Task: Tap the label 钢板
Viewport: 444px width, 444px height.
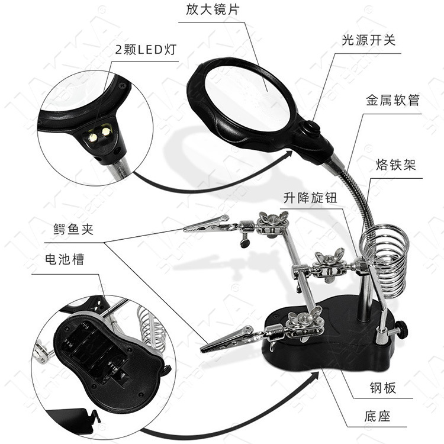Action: click(x=381, y=388)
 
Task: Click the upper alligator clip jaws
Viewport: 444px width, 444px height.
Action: click(x=204, y=225)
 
